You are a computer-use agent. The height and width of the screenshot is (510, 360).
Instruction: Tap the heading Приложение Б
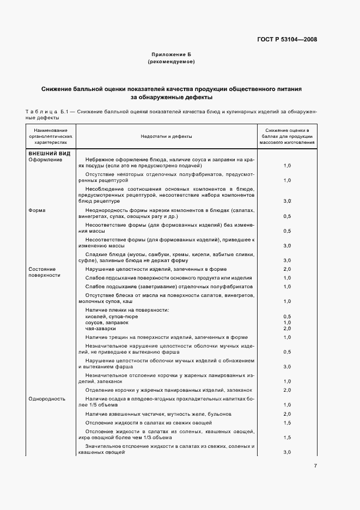pos(171,55)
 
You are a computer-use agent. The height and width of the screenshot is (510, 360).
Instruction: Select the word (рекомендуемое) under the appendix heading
pos(171,62)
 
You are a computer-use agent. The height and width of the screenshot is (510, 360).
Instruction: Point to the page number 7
pos(315,465)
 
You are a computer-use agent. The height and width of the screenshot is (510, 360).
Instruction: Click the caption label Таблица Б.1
pos(48,111)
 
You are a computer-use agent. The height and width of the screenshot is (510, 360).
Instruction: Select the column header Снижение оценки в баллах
pos(287,137)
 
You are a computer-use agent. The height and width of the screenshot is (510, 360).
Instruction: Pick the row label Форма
pos(36,210)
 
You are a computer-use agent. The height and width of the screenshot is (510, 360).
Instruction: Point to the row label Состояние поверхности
pos(41,272)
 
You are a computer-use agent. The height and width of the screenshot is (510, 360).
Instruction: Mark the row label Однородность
pos(47,398)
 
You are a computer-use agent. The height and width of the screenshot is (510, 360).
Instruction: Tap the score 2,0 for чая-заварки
pos(287,329)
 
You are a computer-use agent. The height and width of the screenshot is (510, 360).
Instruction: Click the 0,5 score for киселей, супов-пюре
pos(287,317)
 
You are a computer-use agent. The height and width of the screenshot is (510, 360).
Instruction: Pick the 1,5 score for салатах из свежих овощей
pos(287,423)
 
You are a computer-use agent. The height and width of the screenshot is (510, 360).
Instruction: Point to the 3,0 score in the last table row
pos(287,452)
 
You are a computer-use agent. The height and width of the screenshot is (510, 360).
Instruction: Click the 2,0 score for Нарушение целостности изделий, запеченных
pos(287,269)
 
